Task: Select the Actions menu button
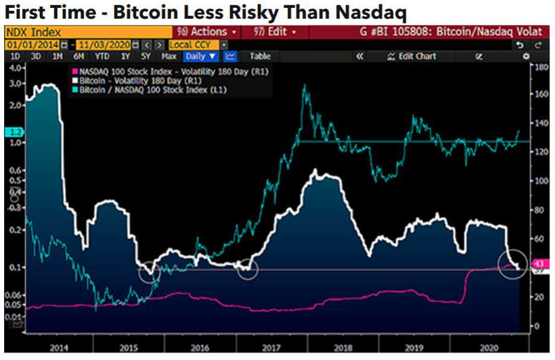point(205,32)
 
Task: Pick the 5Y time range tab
point(145,56)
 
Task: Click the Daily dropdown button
point(200,56)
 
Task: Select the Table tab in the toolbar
point(260,56)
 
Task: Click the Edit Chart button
point(412,56)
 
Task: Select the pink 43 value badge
point(539,264)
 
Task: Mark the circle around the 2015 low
point(149,272)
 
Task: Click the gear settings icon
point(525,56)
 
